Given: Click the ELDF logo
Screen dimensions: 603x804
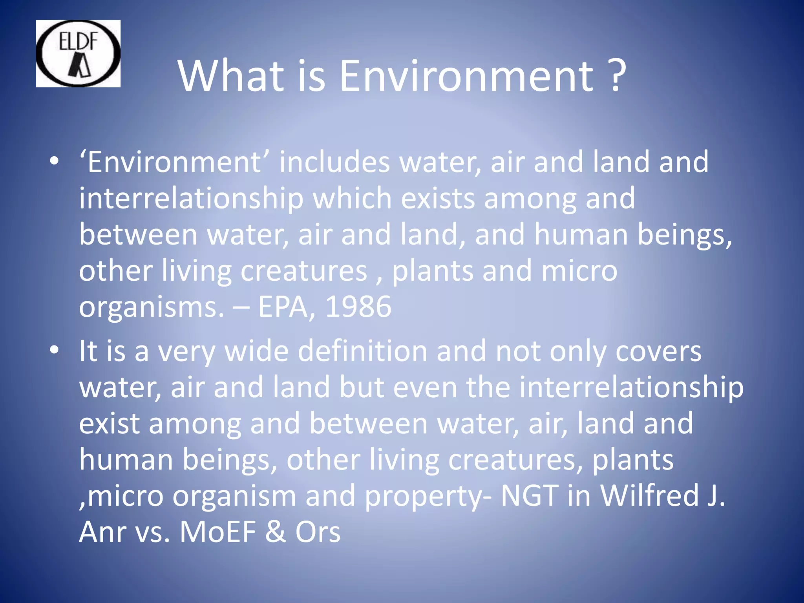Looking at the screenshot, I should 78,54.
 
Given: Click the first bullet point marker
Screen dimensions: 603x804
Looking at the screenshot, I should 54,161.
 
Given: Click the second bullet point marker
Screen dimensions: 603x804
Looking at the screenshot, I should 54,349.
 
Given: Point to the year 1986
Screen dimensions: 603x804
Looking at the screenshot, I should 358,307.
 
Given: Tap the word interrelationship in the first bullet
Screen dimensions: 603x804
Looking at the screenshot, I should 191,198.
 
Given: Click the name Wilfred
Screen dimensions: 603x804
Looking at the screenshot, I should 650,495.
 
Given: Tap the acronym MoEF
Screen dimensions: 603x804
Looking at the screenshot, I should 217,532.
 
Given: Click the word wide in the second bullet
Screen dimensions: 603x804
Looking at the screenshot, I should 256,351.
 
